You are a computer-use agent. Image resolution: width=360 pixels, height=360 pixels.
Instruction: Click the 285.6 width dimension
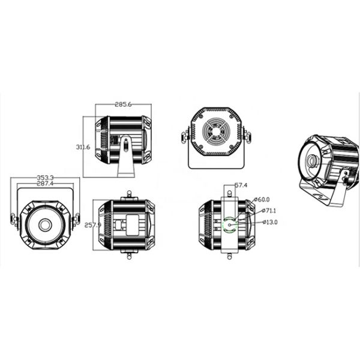click(124, 104)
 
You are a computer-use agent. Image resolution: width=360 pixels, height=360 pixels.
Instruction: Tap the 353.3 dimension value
click(46, 178)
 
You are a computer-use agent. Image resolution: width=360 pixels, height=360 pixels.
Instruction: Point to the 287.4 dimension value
click(46, 184)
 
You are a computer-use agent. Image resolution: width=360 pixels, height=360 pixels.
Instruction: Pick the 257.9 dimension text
click(92, 224)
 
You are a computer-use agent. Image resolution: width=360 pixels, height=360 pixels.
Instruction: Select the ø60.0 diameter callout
click(262, 199)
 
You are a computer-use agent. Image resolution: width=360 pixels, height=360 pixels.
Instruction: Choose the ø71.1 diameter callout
click(271, 211)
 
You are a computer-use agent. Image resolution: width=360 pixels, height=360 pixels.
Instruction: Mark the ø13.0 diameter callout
click(271, 222)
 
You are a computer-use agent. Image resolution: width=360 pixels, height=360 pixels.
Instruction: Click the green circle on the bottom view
click(230, 224)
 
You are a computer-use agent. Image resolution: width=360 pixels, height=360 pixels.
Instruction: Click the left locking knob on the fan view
click(182, 137)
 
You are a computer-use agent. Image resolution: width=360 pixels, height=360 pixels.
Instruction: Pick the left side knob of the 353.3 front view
click(13, 220)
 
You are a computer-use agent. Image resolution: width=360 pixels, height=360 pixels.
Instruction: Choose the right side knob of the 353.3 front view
click(76, 220)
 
